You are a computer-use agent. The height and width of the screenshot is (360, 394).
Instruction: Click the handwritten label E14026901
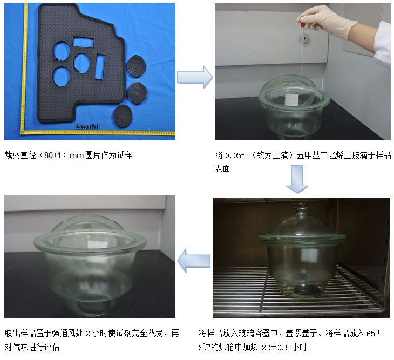[87, 126]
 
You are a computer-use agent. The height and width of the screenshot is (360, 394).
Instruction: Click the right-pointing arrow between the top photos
[195, 77]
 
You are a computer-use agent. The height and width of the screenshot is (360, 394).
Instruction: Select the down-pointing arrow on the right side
[297, 179]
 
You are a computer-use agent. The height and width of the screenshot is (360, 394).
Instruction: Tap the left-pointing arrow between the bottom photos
[194, 261]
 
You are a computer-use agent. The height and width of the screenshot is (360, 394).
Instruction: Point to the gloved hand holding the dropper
[327, 22]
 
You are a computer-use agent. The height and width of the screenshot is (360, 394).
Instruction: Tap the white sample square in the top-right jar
[292, 99]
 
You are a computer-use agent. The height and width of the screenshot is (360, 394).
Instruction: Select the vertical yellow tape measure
[24, 68]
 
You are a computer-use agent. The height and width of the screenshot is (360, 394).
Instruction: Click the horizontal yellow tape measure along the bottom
[98, 132]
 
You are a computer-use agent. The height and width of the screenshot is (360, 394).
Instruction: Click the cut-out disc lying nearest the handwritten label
[123, 116]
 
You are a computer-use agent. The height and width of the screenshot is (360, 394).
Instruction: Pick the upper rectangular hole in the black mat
[83, 42]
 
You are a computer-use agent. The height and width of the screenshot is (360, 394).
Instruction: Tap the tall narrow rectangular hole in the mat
[100, 67]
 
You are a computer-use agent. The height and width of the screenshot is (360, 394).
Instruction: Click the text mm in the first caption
[77, 155]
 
